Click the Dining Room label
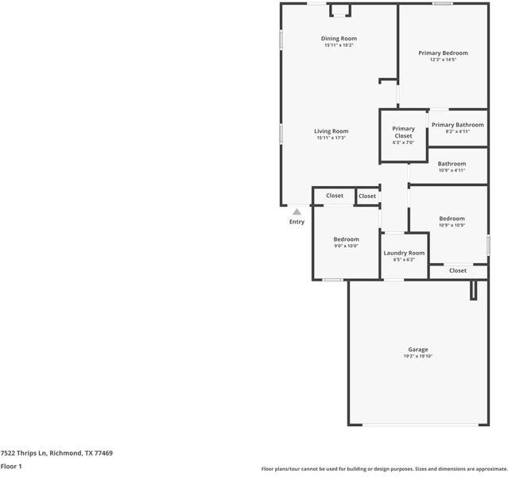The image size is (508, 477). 339,39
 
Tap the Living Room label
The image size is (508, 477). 331,131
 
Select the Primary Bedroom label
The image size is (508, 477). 443,53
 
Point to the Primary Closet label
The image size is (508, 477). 403,132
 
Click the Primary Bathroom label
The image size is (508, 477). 457,125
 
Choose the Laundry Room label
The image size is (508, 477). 404,253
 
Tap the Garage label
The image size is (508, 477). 418,350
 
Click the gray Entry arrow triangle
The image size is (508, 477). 297,212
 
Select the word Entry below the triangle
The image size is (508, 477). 297,222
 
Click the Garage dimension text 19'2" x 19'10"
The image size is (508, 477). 418,356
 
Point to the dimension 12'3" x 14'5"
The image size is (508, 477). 443,60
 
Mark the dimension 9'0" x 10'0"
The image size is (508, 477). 346,246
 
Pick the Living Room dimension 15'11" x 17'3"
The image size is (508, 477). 331,138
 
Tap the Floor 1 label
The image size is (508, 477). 11,467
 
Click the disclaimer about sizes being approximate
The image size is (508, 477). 384,469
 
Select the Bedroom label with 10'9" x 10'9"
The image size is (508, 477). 452,219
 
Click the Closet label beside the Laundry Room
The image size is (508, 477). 458,270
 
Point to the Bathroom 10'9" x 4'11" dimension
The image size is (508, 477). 452,170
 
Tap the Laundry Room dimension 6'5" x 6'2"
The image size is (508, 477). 404,259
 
